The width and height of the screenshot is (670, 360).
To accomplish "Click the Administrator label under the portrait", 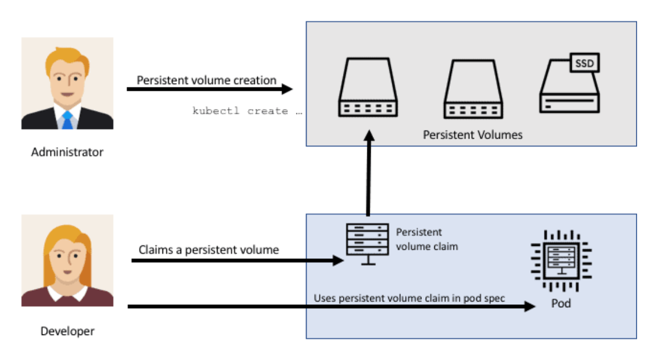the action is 67,152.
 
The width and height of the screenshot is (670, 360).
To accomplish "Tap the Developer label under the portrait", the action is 68,331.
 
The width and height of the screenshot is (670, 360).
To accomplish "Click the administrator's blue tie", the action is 67,120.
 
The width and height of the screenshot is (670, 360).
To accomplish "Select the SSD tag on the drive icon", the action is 584,63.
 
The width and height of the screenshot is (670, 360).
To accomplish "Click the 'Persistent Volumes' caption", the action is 472,135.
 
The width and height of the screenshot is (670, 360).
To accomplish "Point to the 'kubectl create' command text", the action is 247,111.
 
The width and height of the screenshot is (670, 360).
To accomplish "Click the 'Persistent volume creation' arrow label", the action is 206,80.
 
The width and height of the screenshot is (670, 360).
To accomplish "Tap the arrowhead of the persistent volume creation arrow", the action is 287,89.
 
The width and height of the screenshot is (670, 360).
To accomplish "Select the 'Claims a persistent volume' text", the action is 208,250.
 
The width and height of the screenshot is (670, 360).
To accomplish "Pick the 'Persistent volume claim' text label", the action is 426,239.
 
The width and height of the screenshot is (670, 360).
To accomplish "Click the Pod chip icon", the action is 561,261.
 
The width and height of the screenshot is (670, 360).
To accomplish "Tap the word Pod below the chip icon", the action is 560,303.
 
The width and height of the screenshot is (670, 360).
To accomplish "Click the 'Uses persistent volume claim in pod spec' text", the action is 409,298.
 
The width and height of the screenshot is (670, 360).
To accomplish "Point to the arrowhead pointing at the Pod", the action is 530,306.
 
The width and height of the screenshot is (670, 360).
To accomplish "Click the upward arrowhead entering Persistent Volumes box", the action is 369,136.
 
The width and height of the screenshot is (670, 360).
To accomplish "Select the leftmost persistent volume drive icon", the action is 368,87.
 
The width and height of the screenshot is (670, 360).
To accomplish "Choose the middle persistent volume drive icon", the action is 474,89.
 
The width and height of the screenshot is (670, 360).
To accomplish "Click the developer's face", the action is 67,259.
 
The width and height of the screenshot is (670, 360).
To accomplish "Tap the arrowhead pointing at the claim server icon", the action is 338,260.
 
